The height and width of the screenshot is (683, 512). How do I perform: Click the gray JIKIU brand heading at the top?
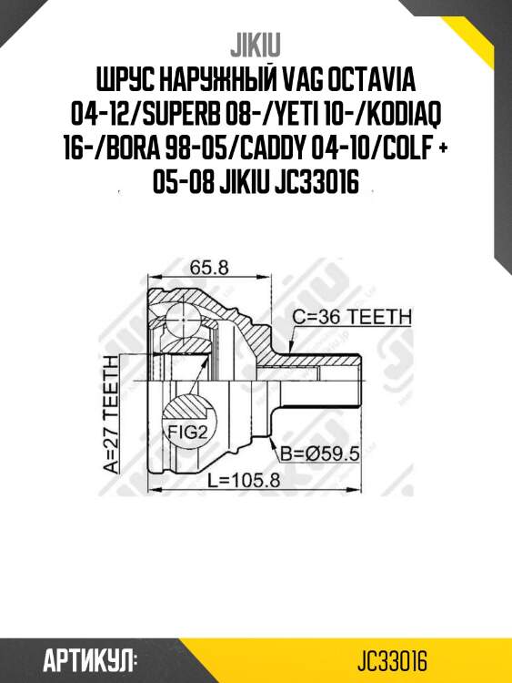(256, 45)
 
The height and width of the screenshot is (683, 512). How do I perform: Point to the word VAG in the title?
(296, 79)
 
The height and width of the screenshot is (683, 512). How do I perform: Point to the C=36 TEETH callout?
(352, 316)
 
